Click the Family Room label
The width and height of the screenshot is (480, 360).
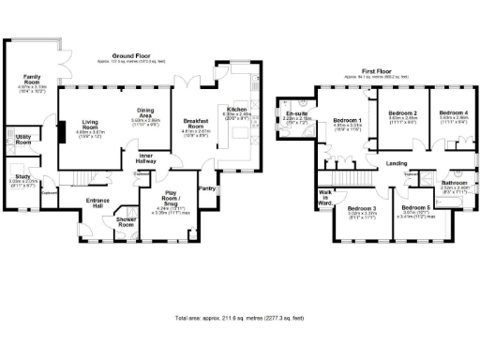[x=32, y=79]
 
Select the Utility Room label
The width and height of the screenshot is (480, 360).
[x=24, y=140]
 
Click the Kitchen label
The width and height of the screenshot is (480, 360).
[x=235, y=110]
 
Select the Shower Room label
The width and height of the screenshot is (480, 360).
[x=125, y=224]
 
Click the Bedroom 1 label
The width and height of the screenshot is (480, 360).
[x=347, y=121]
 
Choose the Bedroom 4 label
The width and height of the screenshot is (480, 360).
[x=453, y=113]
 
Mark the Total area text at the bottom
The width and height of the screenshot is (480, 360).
[x=240, y=319]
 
